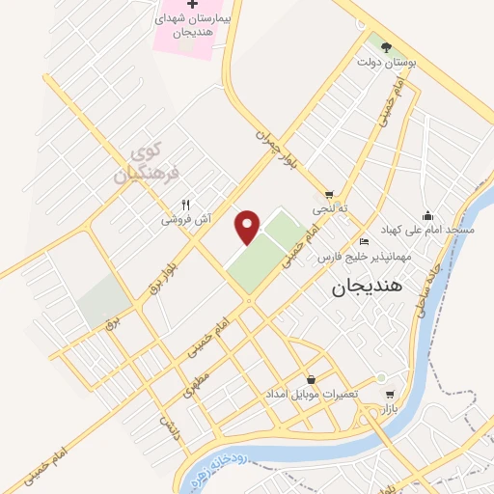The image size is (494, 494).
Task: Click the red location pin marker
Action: pyautogui.click(x=249, y=226)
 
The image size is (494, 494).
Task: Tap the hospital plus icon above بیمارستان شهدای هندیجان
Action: pyautogui.click(x=191, y=6)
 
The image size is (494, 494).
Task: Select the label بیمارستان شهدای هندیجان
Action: pyautogui.click(x=189, y=27)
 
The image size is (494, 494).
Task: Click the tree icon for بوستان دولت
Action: pyautogui.click(x=386, y=46)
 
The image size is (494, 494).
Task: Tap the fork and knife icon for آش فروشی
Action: pyautogui.click(x=186, y=205)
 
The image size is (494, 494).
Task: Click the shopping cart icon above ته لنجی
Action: pyautogui.click(x=330, y=193)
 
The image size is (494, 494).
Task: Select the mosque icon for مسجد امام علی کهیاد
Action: pyautogui.click(x=427, y=215)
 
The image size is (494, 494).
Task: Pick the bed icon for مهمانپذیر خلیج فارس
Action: pyautogui.click(x=363, y=241)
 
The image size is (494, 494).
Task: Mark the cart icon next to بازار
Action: pyautogui.click(x=389, y=394)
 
